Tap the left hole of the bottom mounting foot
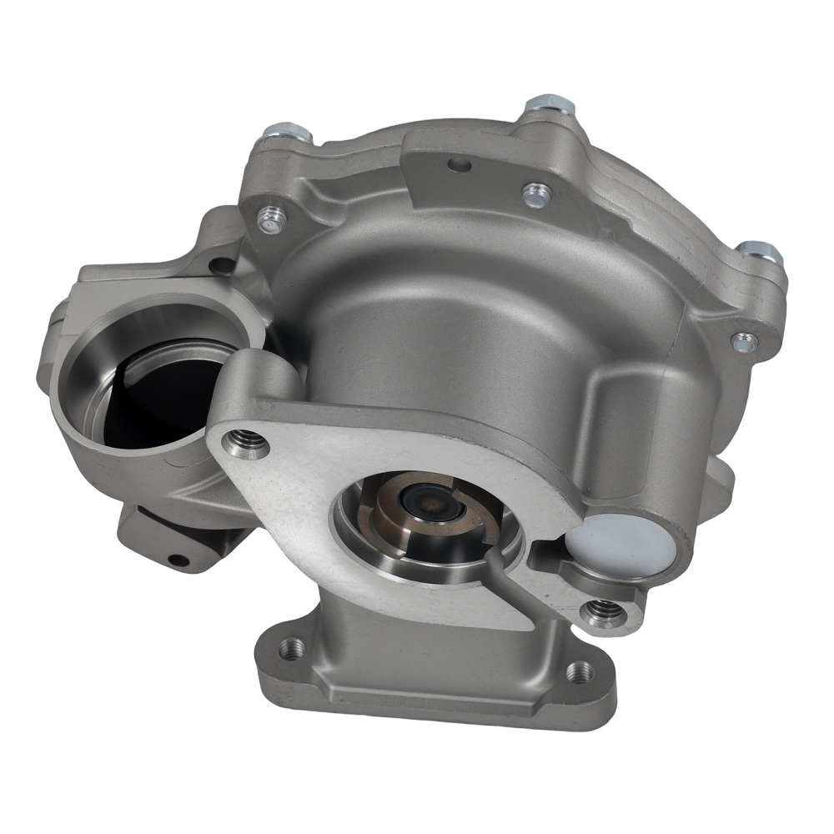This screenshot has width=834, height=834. [289, 647]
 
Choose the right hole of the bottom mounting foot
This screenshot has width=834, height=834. [579, 670]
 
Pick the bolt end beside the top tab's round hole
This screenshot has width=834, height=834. [535, 195]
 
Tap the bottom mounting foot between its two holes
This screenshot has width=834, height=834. [434, 667]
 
